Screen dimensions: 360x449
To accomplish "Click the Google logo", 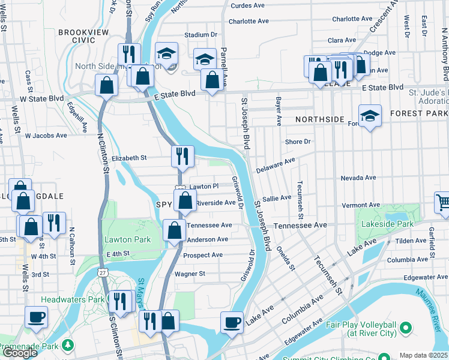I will (20, 353).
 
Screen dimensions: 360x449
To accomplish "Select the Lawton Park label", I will (127, 239).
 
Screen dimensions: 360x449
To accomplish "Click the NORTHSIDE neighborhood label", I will (320, 119).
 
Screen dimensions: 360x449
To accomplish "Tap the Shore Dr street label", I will (298, 142).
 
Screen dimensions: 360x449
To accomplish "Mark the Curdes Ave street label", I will (247, 5).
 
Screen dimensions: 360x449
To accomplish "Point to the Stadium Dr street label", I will (200, 35).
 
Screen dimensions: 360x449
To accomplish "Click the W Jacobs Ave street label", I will (46, 136).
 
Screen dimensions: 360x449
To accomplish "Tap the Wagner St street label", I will (190, 274).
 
